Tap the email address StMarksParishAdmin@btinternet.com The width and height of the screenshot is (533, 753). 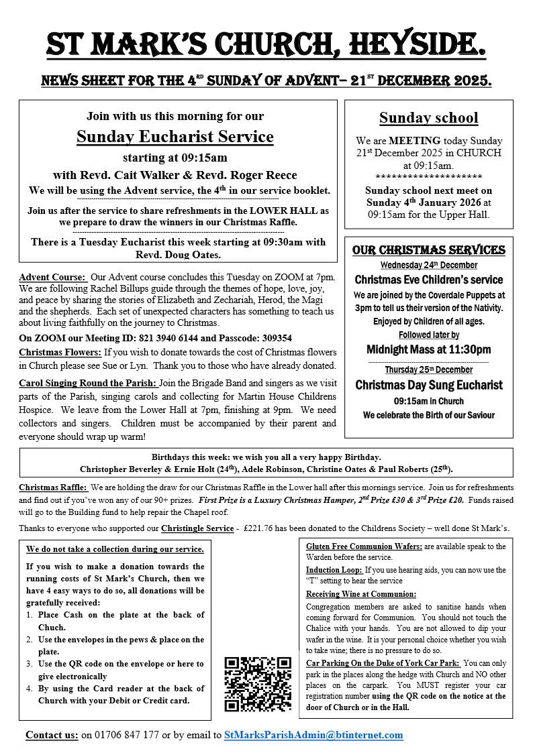(313, 735)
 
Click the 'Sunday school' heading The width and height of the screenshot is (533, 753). (428, 118)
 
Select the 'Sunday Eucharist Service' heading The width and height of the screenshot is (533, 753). (175, 137)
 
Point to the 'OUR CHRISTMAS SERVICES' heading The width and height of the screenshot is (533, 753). (428, 250)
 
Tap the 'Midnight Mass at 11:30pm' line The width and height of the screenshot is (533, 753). (428, 349)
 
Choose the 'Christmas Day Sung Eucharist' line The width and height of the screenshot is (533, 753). (428, 385)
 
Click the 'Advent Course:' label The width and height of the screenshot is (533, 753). (52, 277)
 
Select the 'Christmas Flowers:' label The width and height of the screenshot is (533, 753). (59, 352)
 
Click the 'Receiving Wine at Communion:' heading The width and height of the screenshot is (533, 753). (360, 594)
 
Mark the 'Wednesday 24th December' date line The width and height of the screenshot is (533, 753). (428, 265)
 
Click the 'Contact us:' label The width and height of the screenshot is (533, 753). (52, 735)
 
